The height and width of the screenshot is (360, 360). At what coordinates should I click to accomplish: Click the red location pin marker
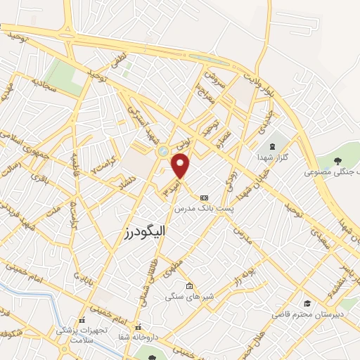[181, 165]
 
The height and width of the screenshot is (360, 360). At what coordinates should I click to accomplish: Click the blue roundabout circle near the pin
[163, 150]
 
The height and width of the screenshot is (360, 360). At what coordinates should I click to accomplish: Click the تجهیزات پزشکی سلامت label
[82, 333]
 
